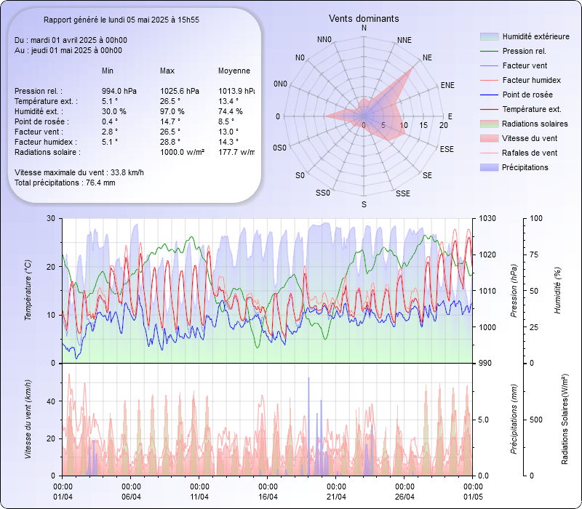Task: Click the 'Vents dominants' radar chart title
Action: point(364,18)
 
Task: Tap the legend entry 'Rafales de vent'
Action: point(530,153)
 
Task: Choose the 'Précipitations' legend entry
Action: point(525,167)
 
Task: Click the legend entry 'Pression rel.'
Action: point(524,51)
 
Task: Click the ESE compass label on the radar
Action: point(449,149)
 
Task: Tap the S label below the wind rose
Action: point(364,204)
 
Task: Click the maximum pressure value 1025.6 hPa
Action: point(179,91)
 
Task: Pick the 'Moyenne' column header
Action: point(234,71)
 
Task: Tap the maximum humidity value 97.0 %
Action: point(172,111)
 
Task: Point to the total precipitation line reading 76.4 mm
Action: point(65,183)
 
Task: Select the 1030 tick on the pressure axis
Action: point(487,218)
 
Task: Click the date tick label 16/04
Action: point(268,497)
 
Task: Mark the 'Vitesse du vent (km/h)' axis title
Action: point(28,419)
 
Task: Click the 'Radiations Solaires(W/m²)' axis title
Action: point(565,420)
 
